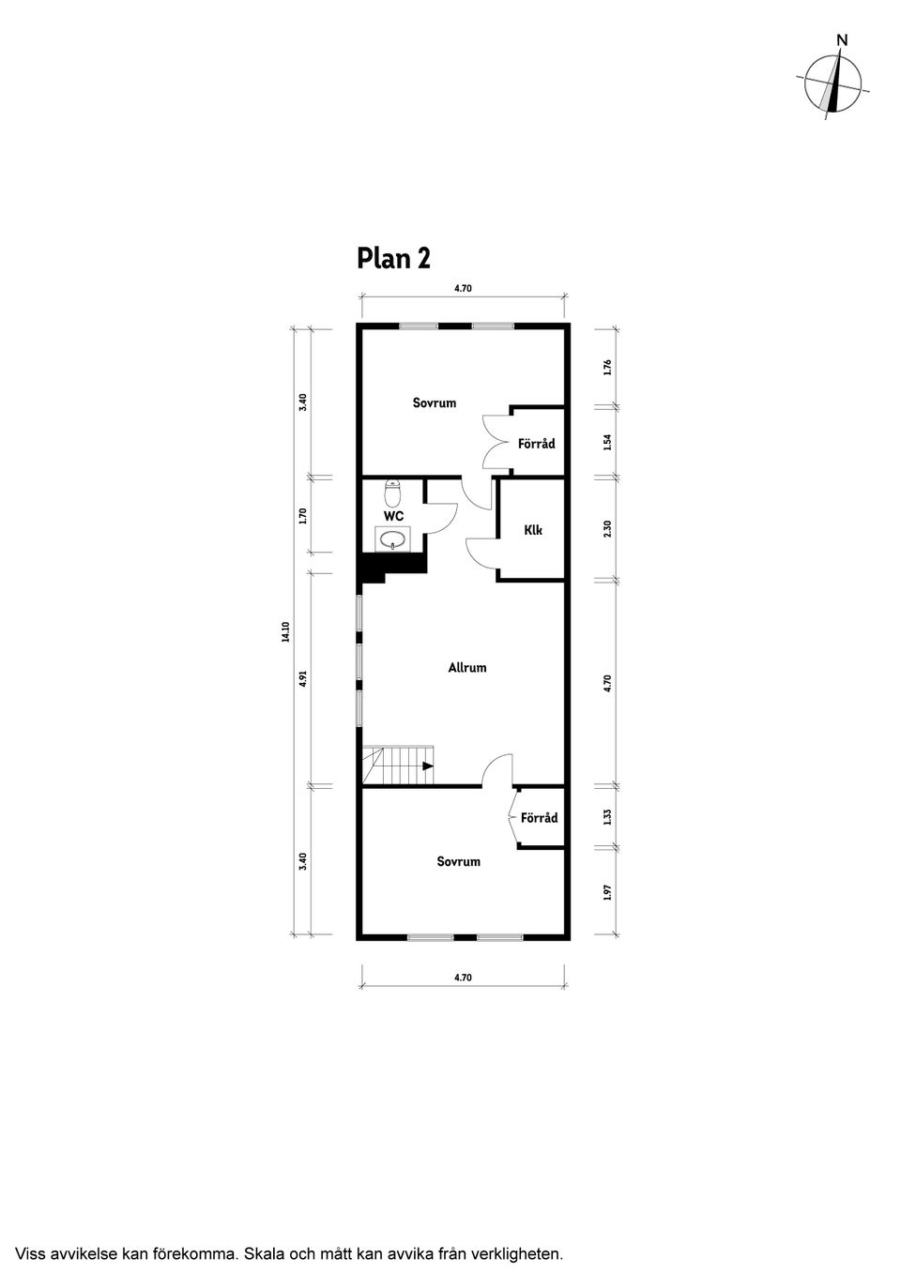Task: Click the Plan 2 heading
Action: click(393, 259)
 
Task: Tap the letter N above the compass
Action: click(843, 40)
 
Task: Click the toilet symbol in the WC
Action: click(392, 493)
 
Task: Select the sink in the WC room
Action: click(392, 538)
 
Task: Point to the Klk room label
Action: click(533, 530)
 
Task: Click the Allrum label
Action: click(467, 668)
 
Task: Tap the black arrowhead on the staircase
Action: click(428, 766)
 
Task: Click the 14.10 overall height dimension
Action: click(285, 632)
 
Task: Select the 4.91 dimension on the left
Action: click(303, 679)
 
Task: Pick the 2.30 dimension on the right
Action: click(607, 529)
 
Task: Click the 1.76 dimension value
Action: click(607, 367)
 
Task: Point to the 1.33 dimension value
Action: click(607, 817)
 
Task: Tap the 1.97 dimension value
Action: click(607, 892)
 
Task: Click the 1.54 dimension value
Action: click(607, 443)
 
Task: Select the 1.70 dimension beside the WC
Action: click(303, 516)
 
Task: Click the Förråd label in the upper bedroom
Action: click(537, 443)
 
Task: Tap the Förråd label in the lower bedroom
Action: click(540, 818)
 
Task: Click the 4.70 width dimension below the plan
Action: click(463, 978)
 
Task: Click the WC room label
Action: click(393, 516)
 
